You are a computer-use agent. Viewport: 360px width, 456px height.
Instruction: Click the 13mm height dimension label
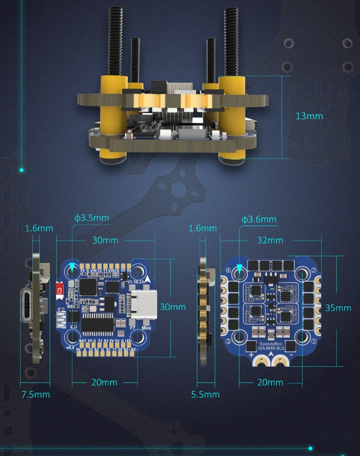tap(309, 116)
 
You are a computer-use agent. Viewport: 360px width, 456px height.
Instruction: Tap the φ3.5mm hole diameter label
tap(92, 218)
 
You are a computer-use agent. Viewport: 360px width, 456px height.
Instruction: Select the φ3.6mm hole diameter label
tap(259, 219)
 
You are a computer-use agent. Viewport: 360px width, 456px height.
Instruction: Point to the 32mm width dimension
tap(270, 240)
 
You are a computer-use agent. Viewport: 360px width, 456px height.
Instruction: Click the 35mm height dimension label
tap(338, 307)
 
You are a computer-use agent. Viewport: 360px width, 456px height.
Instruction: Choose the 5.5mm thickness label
tap(205, 394)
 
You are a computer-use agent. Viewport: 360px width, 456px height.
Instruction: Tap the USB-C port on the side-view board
tap(29, 306)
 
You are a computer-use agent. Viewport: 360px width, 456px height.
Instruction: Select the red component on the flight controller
tap(60, 290)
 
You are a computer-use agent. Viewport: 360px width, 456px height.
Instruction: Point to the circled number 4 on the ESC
tap(228, 270)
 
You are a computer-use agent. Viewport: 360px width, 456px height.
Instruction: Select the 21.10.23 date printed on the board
tap(137, 282)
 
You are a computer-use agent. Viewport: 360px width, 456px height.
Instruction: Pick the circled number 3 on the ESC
tap(228, 342)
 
